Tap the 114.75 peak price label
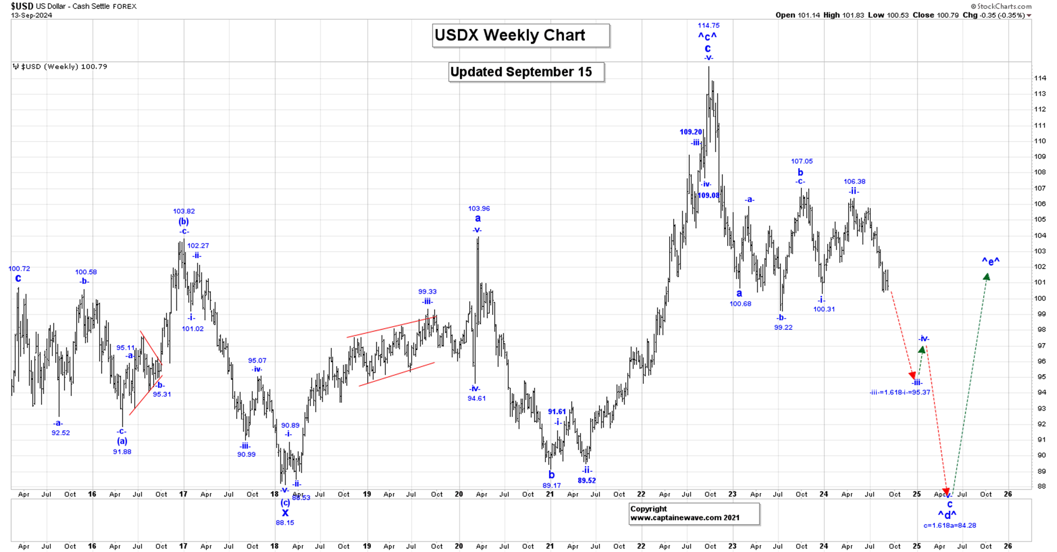pos(708,26)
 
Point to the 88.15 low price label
pos(284,522)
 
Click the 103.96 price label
pos(479,209)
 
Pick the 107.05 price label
pos(802,161)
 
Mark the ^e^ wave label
pos(990,261)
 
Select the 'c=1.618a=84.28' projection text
pos(949,525)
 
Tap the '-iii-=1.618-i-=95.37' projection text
pos(899,392)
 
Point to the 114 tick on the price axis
pos(1040,78)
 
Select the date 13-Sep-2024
pos(32,15)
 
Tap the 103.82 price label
pos(184,211)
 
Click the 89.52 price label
pos(586,480)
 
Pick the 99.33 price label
pos(427,292)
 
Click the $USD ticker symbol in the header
pos(22,6)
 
